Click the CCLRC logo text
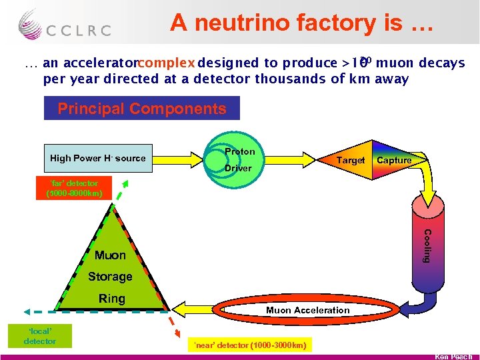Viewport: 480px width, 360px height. [78, 30]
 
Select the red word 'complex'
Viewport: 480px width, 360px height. [167, 63]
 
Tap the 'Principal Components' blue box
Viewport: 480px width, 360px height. [141, 109]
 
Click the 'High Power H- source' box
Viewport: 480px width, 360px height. [97, 158]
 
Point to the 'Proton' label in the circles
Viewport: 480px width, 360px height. [239, 151]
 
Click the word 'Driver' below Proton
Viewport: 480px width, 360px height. [238, 168]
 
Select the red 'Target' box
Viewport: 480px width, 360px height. [351, 160]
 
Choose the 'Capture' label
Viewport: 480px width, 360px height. [394, 160]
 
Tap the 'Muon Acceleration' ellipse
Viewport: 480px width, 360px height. [308, 310]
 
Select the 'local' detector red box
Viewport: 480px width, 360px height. [40, 336]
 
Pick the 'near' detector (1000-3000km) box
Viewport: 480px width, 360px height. [249, 345]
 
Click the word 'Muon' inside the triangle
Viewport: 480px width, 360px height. [110, 255]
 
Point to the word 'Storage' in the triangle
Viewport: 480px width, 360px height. [110, 276]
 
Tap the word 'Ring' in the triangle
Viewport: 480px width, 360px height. [111, 299]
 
